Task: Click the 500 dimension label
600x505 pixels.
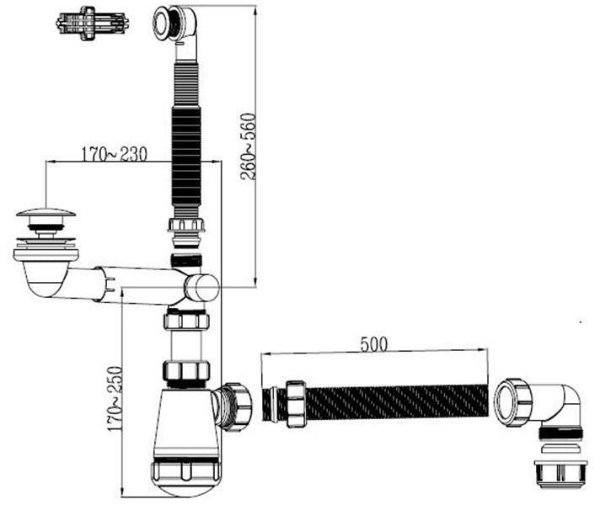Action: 373,344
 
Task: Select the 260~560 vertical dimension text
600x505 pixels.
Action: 248,146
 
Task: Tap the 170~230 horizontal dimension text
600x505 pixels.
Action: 114,154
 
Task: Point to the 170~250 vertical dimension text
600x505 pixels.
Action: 115,399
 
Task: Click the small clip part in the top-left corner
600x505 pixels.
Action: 92,23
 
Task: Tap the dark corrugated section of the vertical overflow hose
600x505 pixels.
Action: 186,157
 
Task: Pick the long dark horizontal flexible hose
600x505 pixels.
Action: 398,402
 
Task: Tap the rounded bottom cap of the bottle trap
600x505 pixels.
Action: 186,478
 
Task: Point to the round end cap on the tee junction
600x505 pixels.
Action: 201,288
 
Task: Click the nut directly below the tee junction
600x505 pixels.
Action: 186,321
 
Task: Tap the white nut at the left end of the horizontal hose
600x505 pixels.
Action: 296,403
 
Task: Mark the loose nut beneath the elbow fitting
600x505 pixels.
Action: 560,474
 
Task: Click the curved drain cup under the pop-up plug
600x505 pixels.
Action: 46,274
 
